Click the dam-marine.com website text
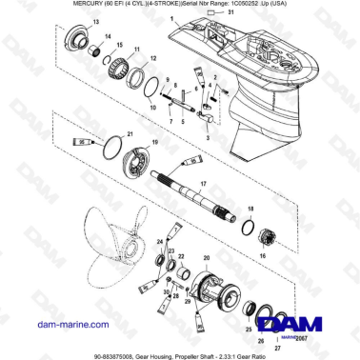tap(49, 326)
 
